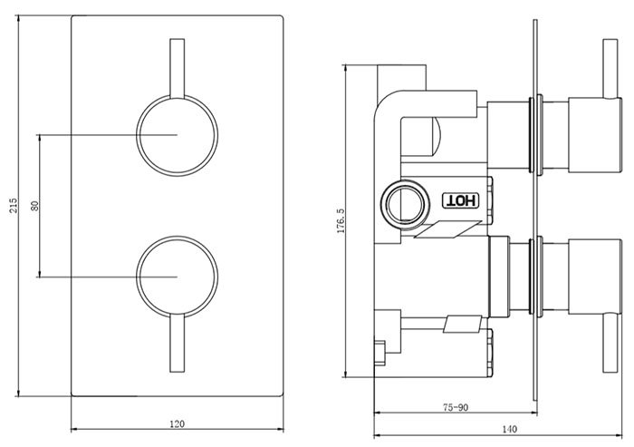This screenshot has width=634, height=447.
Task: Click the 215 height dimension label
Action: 13,205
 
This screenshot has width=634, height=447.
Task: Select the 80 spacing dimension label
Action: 34,205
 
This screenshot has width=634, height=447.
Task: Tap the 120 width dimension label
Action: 178,423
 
